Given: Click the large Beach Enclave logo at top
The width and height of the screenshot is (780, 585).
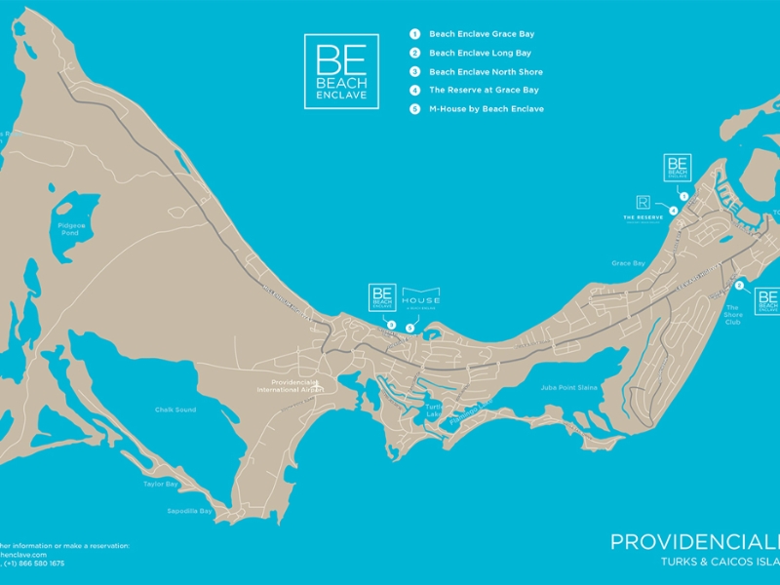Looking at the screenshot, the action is pos(341,71).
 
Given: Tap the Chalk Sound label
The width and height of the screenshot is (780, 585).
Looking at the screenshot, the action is pos(175,409).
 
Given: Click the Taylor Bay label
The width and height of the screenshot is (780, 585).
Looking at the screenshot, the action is pos(160,484).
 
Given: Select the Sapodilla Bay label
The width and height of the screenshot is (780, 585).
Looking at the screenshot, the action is pos(192,510).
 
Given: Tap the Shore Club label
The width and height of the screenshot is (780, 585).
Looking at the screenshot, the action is pos(733,317).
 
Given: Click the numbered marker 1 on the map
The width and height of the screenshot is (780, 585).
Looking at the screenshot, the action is pos(683,196).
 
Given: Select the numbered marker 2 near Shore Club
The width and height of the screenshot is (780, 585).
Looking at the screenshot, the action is pos(740,286).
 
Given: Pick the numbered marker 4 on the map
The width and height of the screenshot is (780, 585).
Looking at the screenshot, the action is pos(673,210).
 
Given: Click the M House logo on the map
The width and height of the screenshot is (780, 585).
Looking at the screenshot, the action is pos(421,297).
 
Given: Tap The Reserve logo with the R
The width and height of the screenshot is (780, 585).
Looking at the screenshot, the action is pos(643,206).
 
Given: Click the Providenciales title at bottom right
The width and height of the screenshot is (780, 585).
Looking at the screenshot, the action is pos(694,542).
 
